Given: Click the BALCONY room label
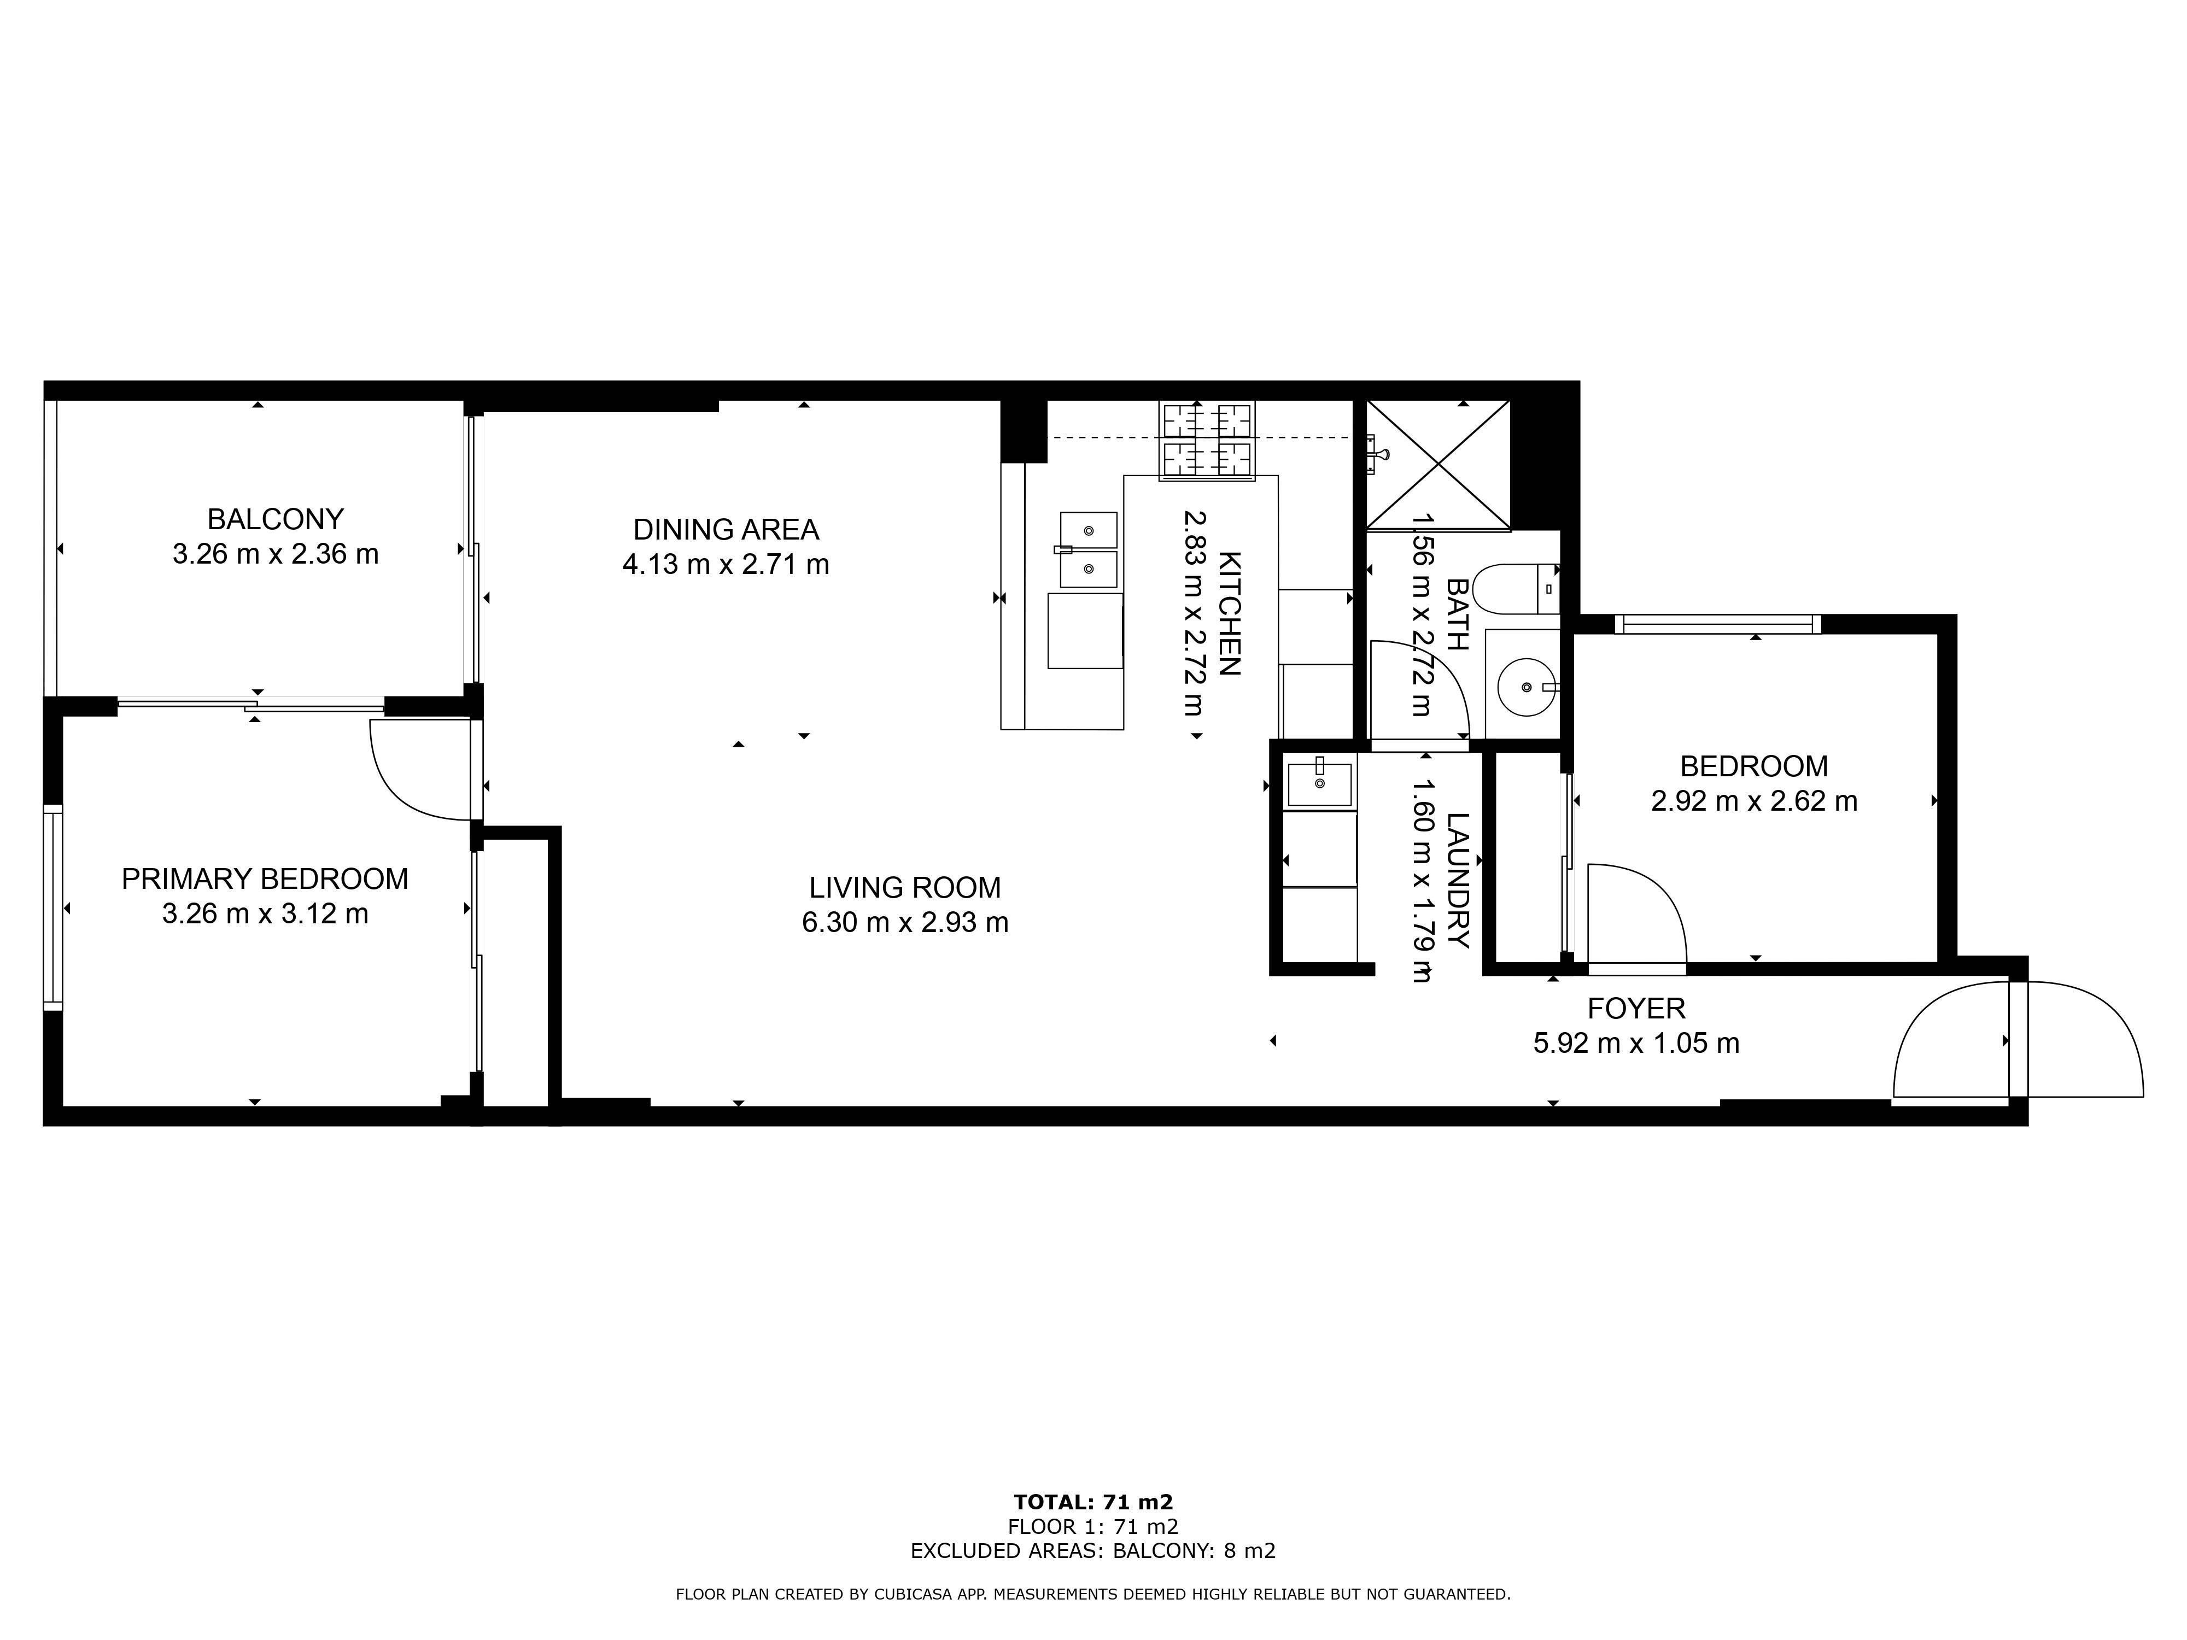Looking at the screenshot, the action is click(x=275, y=519).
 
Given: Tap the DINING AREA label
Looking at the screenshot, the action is click(x=726, y=530).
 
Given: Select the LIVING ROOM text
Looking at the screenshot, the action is click(x=905, y=888).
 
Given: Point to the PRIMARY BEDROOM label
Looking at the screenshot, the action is click(x=265, y=879).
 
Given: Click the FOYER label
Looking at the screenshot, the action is click(x=1636, y=1008).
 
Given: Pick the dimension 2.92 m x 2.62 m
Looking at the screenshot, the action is click(x=1754, y=801).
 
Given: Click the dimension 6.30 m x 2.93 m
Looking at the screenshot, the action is click(x=905, y=922).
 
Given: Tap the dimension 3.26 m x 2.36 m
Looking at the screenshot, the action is click(x=275, y=554).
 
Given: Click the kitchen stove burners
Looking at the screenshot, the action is click(x=1207, y=441).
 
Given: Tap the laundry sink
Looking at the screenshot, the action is click(x=1320, y=784).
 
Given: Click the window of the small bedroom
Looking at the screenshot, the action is click(x=1717, y=624).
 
